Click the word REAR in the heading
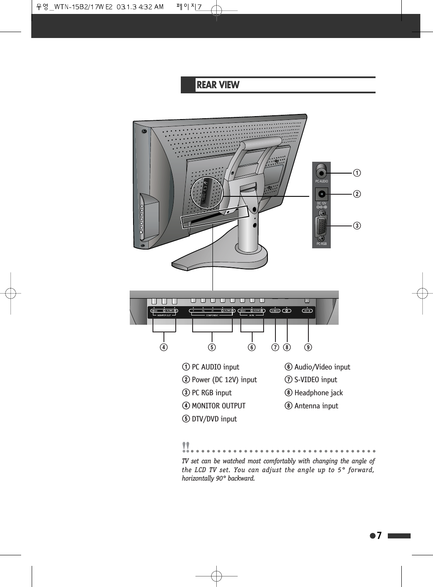207,85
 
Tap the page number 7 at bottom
379,535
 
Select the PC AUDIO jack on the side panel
321,173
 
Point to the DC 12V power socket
322,194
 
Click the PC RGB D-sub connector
321,228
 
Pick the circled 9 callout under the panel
308,347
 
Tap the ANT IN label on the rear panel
307,311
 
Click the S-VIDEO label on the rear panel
275,311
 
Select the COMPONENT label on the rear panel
212,315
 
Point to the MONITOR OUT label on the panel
164,315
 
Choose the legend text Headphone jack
319,393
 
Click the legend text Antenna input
316,406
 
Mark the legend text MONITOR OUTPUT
218,406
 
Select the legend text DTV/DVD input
214,419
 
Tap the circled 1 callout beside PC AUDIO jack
357,173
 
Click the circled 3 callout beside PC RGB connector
357,226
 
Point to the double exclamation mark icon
185,446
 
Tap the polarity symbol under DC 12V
322,207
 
